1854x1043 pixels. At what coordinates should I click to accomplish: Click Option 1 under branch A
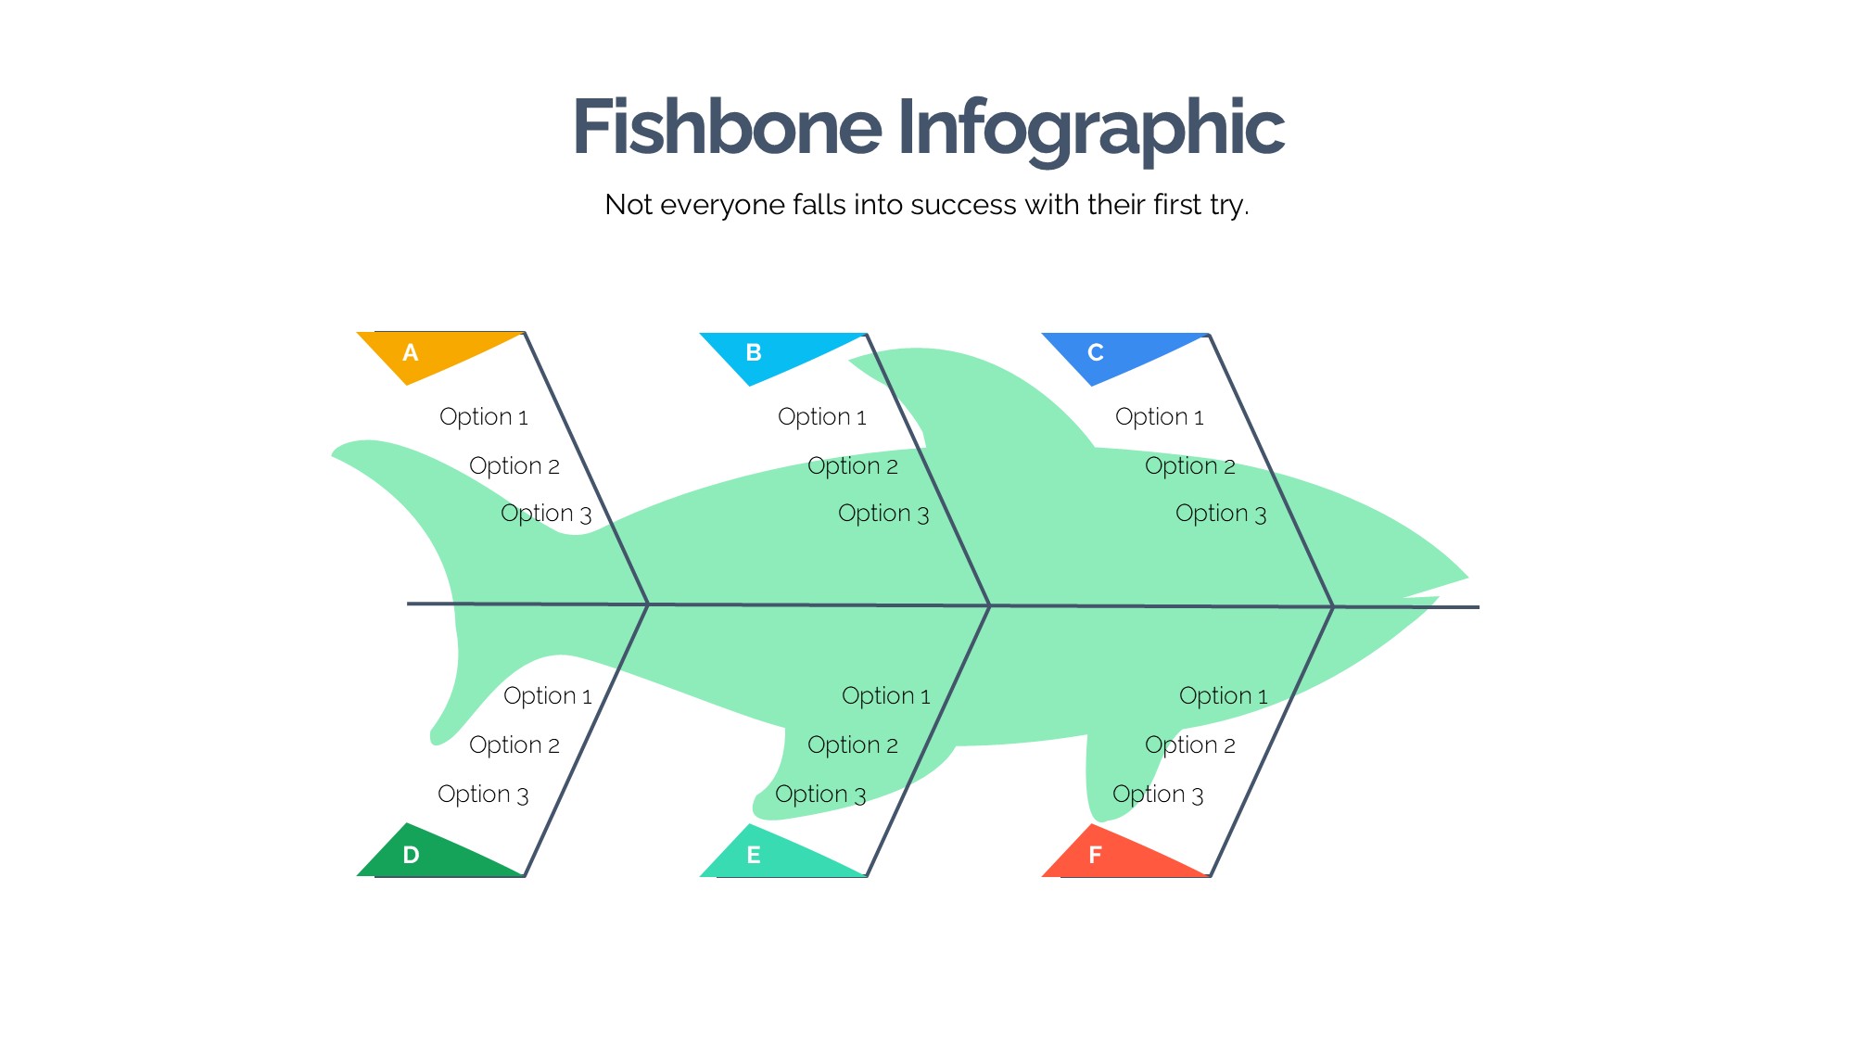click(x=484, y=417)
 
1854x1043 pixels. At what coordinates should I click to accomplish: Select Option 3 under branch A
click(x=546, y=514)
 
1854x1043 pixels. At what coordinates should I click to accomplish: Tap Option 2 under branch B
click(x=853, y=466)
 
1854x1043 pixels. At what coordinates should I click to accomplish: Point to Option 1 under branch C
click(x=1160, y=417)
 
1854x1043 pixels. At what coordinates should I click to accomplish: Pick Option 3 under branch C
click(x=1221, y=514)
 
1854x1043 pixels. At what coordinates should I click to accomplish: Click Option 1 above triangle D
click(x=548, y=696)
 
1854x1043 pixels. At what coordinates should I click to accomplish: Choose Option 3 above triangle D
click(x=483, y=795)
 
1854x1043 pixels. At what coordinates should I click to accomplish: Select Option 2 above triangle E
click(x=853, y=745)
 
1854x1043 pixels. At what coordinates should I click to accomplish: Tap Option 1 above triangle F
click(x=1224, y=696)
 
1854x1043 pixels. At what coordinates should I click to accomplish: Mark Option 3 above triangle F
click(x=1158, y=795)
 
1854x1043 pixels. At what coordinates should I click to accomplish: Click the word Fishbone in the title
click(x=727, y=127)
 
